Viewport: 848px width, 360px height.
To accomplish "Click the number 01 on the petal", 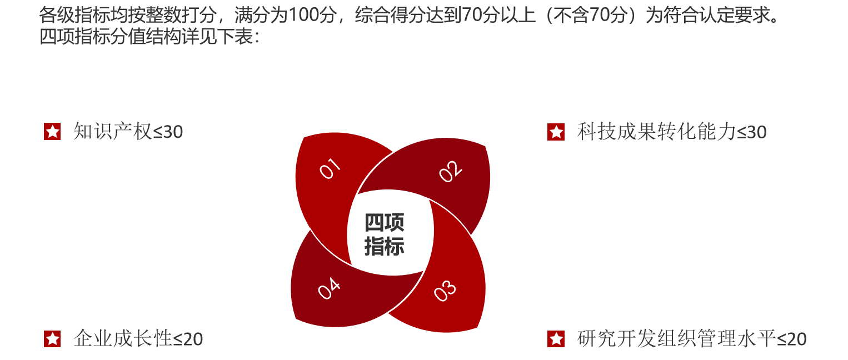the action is [x=330, y=168].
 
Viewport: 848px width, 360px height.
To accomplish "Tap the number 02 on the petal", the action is [x=450, y=172].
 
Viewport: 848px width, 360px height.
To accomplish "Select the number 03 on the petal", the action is [x=445, y=291].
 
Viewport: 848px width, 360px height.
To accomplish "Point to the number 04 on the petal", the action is [x=328, y=288].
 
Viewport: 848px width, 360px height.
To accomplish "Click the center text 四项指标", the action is [x=384, y=234].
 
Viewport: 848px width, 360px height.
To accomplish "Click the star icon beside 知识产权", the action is [x=52, y=132].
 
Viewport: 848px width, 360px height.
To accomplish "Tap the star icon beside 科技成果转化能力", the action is [x=556, y=132].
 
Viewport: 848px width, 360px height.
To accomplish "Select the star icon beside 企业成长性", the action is [x=52, y=339].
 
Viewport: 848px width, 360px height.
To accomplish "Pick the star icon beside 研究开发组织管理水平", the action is [x=556, y=339].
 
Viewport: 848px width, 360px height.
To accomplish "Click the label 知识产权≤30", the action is [x=128, y=132].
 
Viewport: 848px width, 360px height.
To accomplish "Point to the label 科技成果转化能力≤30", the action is [x=672, y=132].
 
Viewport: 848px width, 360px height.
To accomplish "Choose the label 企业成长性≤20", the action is [x=138, y=338].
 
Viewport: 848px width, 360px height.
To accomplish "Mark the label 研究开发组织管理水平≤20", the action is [x=692, y=338].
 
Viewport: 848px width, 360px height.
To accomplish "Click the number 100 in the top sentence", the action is [x=303, y=15].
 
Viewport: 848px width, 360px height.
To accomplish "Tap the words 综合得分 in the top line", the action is [x=391, y=15].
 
